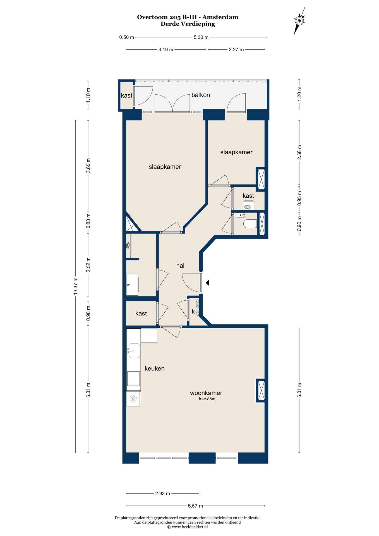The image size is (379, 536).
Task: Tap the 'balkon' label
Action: click(201, 95)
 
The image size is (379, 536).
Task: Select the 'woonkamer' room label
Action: click(206, 393)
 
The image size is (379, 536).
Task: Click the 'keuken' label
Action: click(155, 368)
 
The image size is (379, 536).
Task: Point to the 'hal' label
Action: click(180, 266)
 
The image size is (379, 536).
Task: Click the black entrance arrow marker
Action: click(207, 283)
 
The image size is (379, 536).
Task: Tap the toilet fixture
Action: click(250, 224)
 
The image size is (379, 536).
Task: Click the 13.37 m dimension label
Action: click(75, 286)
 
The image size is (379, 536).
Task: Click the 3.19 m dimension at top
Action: click(166, 50)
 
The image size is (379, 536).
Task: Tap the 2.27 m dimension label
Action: click(236, 50)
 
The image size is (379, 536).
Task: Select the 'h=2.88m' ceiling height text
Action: click(207, 399)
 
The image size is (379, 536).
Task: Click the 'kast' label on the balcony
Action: click(127, 95)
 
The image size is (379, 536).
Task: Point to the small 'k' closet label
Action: click(193, 311)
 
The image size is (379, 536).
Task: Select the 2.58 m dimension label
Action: click(299, 152)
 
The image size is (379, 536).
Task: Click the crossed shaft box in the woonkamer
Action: click(260, 391)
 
